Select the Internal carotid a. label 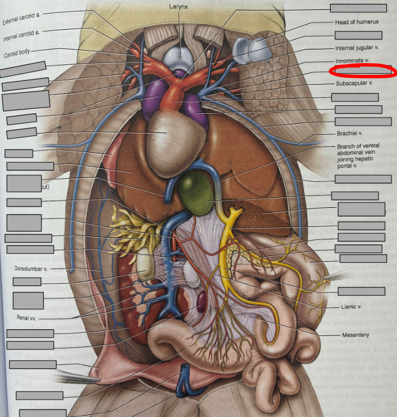22,34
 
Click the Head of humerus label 355,22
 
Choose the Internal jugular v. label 357,48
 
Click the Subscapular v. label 354,83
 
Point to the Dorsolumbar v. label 30,269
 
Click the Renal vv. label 25,318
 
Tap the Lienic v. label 351,306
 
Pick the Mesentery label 355,335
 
